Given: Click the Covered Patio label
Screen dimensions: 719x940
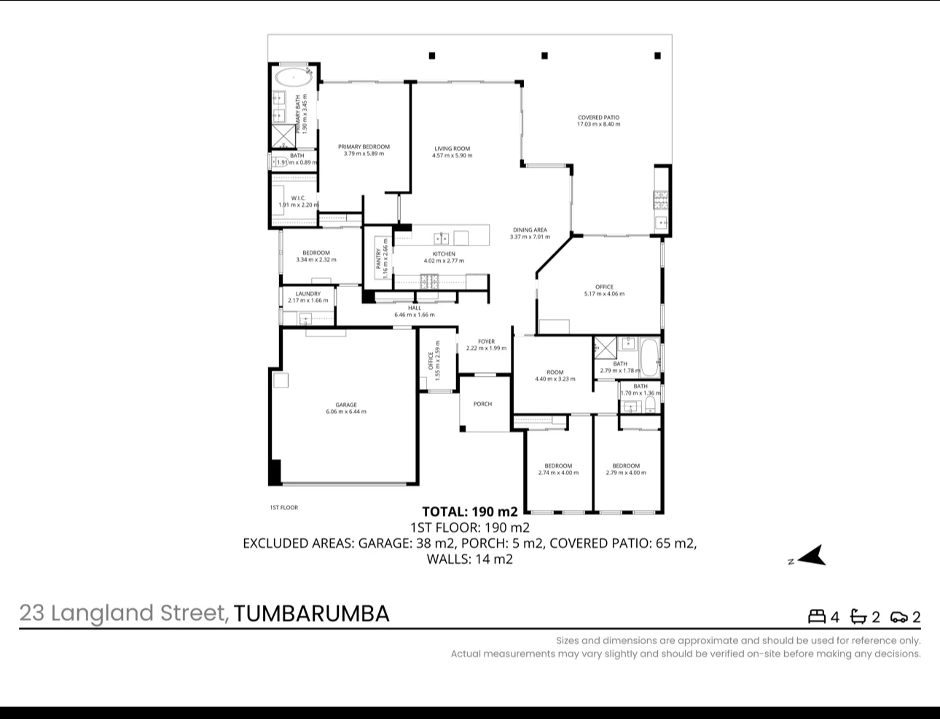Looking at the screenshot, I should [598, 117].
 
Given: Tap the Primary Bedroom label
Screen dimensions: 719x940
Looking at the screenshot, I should [364, 146].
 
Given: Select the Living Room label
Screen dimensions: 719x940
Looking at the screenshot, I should [452, 149].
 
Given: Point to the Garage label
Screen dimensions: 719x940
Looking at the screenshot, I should [346, 405].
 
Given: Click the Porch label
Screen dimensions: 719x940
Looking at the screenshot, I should [482, 404].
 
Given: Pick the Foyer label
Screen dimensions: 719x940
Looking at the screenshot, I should [486, 341].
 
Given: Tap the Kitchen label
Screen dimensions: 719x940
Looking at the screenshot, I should [444, 254].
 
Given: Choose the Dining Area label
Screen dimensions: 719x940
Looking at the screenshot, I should [530, 230].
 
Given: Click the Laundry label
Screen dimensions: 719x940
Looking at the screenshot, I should [308, 294].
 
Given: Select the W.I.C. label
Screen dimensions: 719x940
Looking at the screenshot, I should [298, 198].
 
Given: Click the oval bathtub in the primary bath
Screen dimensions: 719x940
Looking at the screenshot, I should [292, 76].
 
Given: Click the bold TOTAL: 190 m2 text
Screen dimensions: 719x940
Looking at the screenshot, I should [470, 511].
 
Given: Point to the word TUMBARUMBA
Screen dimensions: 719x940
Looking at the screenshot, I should [312, 613].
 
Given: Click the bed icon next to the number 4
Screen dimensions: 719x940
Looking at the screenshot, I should [816, 617].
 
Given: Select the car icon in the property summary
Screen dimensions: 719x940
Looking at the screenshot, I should [899, 618].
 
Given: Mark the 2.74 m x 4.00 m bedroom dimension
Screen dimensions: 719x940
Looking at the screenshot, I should [558, 473].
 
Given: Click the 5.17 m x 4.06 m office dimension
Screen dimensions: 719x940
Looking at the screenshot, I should [604, 294].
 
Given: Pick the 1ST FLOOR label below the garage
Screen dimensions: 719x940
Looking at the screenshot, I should [283, 508].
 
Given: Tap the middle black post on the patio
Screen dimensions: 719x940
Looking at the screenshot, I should [544, 55].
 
